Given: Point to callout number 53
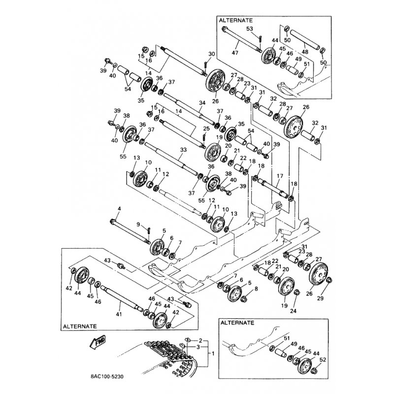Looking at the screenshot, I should coord(250,29).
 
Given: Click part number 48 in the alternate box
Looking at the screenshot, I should coord(305,51).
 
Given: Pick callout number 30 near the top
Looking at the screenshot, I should coord(212,54).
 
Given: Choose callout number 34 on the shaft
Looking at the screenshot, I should coord(201,102).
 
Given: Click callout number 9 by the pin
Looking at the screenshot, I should coord(138,225).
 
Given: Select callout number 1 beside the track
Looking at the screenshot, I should coord(213,354).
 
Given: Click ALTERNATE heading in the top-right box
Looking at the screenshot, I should coord(236,21).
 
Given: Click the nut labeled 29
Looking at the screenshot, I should coord(329,281).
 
